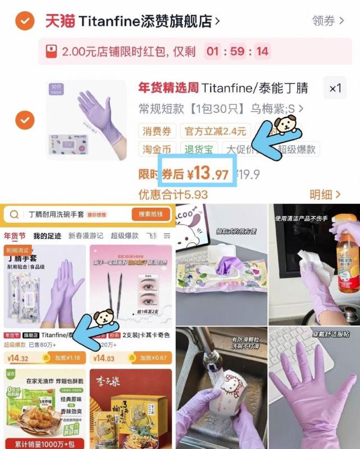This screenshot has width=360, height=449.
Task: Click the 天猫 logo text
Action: pos(60,22)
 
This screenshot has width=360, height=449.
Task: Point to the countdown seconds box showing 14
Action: pos(262,52)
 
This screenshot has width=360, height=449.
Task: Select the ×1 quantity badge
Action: pos(335,88)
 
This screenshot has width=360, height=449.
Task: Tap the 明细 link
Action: pos(325,195)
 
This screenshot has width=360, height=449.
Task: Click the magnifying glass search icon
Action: pos(15,214)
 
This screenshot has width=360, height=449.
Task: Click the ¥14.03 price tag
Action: pos(103,358)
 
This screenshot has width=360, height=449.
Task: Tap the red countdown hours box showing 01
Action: pos(212,52)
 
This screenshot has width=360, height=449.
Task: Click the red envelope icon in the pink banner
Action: pos(51,52)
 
